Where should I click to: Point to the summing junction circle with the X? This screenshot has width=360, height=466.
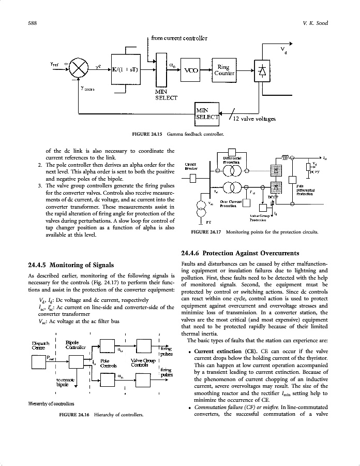pos(78,68)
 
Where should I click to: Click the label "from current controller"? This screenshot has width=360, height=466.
pos(179,38)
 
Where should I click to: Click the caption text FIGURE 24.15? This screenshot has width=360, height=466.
pos(148,135)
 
